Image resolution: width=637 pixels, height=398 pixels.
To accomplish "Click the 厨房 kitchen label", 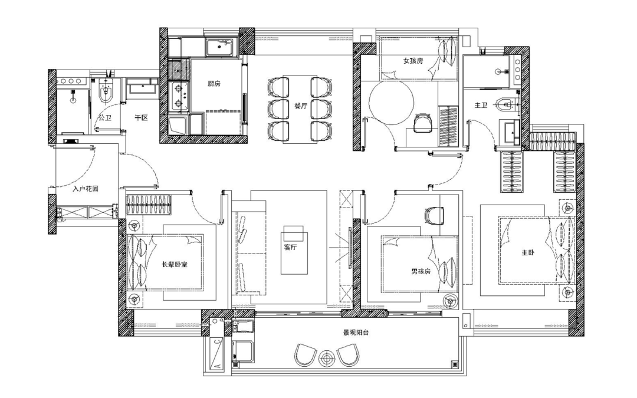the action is coord(214,84).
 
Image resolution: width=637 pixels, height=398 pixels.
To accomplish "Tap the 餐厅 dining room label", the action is coord(301,106).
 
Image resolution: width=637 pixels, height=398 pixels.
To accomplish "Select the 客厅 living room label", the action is coord(290,247).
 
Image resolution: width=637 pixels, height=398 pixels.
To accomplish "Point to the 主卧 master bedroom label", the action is coord(528,252).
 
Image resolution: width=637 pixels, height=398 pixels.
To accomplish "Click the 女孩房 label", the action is coord(413,61).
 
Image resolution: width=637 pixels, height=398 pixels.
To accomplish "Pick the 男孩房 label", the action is coord(421,271).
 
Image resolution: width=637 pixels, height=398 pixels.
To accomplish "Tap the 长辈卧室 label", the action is coord(175,265).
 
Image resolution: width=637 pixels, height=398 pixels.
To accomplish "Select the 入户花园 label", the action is coord(86,189).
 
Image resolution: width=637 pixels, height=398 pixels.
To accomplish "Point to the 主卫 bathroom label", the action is coord(481,105).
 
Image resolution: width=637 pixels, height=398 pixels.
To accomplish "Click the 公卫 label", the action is coord(105,118).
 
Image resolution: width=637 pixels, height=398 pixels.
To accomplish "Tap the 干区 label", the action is coord(141,118).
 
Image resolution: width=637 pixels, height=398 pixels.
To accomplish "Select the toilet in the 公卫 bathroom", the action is coord(106,92).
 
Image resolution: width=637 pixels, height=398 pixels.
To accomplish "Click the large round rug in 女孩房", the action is coord(392,103).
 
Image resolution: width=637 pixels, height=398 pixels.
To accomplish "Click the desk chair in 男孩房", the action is coord(434,215).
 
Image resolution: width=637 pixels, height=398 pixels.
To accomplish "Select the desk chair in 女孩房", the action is coord(423,123).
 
